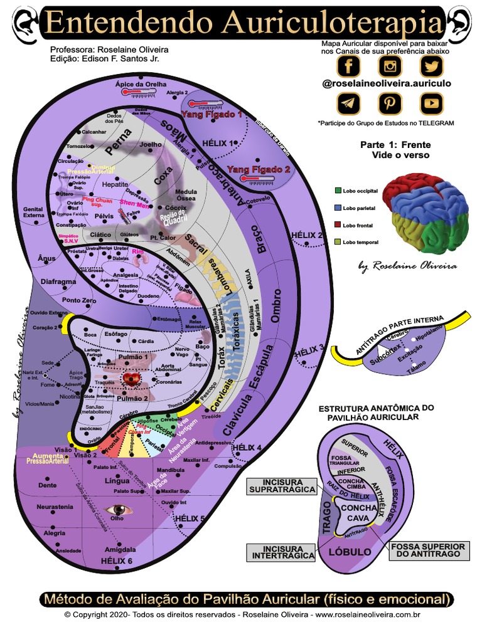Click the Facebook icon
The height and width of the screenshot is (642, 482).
click(x=348, y=65)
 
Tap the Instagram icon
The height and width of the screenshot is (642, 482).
click(x=390, y=65)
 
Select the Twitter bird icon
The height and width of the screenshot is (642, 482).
click(x=432, y=65)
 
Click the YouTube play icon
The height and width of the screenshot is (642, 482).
click(x=432, y=102)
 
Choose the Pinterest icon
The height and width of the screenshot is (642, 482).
click(x=390, y=102)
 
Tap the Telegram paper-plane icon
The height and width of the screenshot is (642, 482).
click(x=348, y=102)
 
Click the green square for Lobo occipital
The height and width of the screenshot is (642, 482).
click(x=338, y=190)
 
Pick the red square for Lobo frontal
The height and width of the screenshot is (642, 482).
click(x=338, y=224)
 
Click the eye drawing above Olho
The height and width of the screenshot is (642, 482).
click(x=119, y=509)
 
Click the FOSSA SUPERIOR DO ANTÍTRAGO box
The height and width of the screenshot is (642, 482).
click(x=428, y=550)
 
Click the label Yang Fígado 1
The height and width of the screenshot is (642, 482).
click(x=211, y=115)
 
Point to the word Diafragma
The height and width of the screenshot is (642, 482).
click(x=58, y=282)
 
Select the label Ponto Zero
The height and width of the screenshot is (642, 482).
click(x=79, y=300)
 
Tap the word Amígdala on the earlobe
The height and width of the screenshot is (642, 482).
click(x=120, y=549)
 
